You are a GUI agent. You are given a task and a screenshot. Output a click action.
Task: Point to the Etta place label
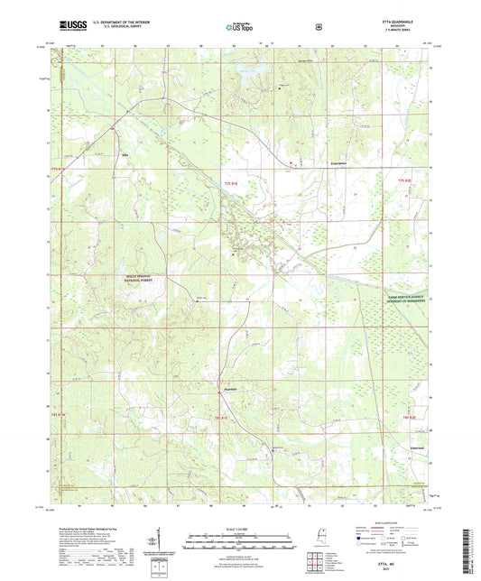125,154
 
